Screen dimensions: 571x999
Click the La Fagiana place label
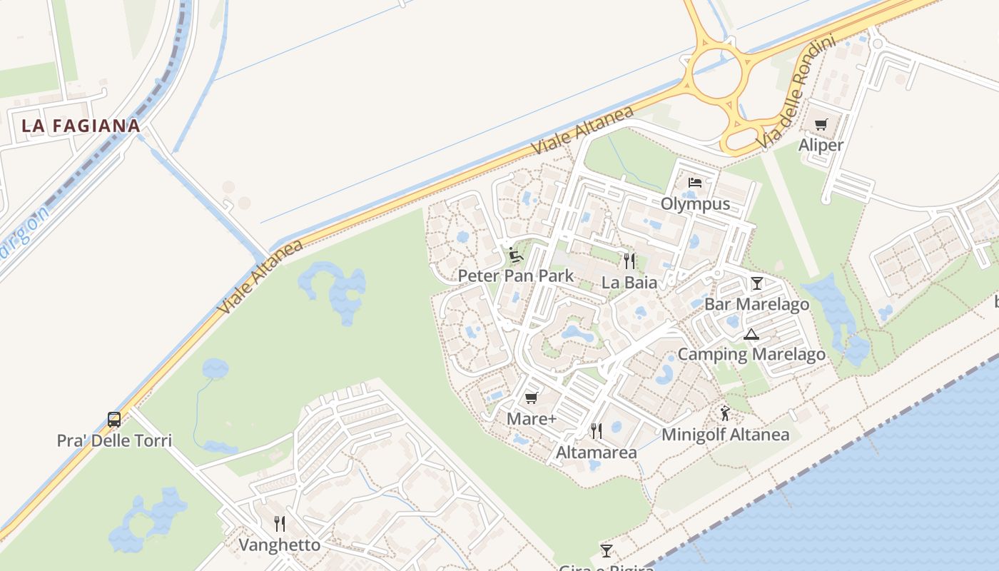tap(81, 126)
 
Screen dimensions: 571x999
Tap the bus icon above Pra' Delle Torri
tap(114, 419)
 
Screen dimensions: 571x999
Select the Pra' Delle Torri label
tap(114, 440)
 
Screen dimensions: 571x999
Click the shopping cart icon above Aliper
tap(821, 125)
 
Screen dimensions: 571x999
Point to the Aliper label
tap(821, 145)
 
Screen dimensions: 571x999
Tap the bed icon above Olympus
tap(695, 183)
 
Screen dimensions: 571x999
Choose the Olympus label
tap(695, 204)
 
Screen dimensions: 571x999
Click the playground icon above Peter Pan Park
tap(515, 255)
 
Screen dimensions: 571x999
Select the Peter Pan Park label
tap(515, 276)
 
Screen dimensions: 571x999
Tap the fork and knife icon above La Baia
tap(629, 261)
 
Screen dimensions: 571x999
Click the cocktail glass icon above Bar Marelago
tap(756, 283)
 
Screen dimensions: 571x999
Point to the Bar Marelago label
tap(756, 304)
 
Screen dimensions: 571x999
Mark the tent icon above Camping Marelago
tap(751, 333)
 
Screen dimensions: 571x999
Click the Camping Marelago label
tap(751, 354)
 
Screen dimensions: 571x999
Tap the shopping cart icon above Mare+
tap(531, 398)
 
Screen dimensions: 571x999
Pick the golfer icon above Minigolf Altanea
tap(725, 413)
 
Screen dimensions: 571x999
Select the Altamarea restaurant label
tap(596, 453)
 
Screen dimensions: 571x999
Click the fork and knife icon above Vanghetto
tap(280, 524)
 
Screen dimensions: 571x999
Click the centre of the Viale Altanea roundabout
tap(719, 73)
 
